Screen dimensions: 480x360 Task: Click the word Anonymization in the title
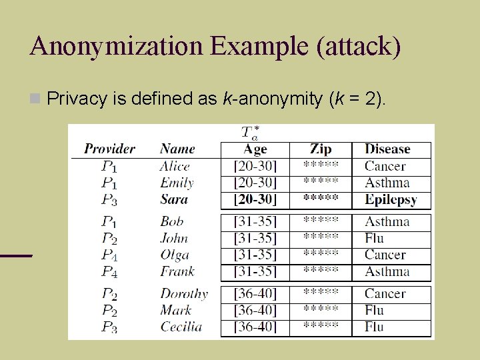point(117,47)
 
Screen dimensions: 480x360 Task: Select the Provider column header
point(109,149)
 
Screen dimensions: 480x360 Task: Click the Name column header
point(177,149)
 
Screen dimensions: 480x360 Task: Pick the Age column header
point(255,149)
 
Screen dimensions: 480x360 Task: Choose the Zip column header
point(321,149)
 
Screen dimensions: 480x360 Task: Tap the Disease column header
point(387,149)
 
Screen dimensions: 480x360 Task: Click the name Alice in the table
point(175,166)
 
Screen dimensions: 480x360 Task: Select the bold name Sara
point(174,199)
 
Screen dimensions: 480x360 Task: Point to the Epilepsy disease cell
point(391,199)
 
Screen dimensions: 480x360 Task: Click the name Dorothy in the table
point(184,293)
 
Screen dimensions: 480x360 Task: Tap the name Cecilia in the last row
point(181,327)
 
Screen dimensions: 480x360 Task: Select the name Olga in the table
point(175,255)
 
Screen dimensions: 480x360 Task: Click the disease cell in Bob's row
point(387,221)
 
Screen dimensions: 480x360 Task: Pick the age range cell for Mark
point(255,310)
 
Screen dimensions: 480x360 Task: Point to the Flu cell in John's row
point(374,238)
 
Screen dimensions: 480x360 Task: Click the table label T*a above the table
point(251,132)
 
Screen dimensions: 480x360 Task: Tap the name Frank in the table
point(177,271)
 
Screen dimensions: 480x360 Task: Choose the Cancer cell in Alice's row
point(385,166)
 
